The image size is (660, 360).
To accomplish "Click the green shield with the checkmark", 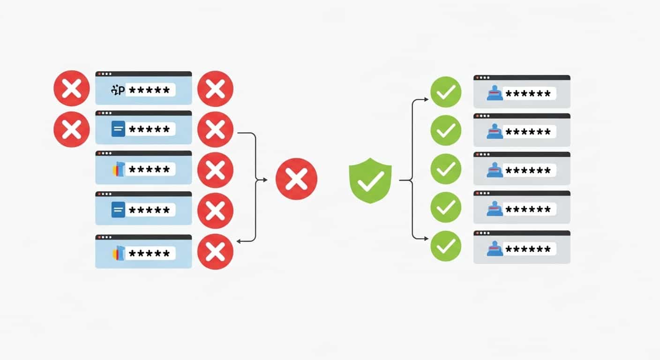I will pyautogui.click(x=370, y=180).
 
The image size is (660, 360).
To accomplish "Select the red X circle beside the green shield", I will pyautogui.click(x=296, y=179).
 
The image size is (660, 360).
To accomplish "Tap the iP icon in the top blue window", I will pyautogui.click(x=118, y=90).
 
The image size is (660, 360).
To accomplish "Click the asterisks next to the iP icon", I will pyautogui.click(x=150, y=90).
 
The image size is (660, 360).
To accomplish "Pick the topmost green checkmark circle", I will pyautogui.click(x=446, y=92).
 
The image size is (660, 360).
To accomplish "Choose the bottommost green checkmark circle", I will pyautogui.click(x=446, y=246).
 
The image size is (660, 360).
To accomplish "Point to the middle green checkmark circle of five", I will pyautogui.click(x=446, y=169).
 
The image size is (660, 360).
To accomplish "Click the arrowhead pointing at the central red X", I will pyautogui.click(x=265, y=180).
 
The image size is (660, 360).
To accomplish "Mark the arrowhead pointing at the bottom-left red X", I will pyautogui.click(x=239, y=241).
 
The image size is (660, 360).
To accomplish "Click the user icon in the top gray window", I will pyautogui.click(x=495, y=93).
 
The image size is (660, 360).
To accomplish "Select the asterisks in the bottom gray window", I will pyautogui.click(x=529, y=248).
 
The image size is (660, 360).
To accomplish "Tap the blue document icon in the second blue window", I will pyautogui.click(x=118, y=129).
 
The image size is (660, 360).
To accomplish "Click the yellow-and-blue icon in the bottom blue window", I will pyautogui.click(x=118, y=253).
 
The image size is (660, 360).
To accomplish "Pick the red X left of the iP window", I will pyautogui.click(x=71, y=88).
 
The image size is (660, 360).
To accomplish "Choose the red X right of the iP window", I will pyautogui.click(x=215, y=89).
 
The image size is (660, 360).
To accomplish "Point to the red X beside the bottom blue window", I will pyautogui.click(x=215, y=252).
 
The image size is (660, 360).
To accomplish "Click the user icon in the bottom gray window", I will pyautogui.click(x=495, y=248).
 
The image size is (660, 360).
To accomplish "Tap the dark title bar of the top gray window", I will pyautogui.click(x=522, y=77).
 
